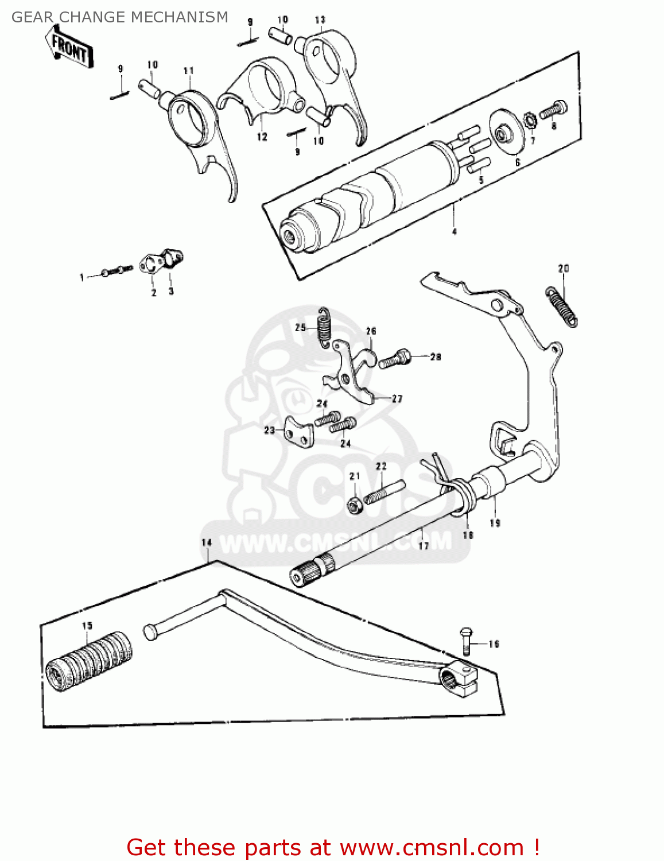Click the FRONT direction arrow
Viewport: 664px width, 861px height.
69,48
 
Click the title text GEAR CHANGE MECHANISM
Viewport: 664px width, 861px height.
120,17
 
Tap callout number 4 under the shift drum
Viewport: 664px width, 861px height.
455,231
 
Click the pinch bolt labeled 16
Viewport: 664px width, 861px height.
465,641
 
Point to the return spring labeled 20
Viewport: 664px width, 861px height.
561,307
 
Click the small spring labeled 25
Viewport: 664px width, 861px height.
325,327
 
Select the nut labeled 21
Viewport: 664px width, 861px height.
354,505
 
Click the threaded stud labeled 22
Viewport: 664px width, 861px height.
384,492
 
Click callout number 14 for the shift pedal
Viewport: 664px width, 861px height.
207,542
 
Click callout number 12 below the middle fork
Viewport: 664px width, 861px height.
262,137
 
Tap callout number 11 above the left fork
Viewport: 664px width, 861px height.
189,71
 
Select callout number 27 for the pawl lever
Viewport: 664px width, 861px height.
397,398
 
